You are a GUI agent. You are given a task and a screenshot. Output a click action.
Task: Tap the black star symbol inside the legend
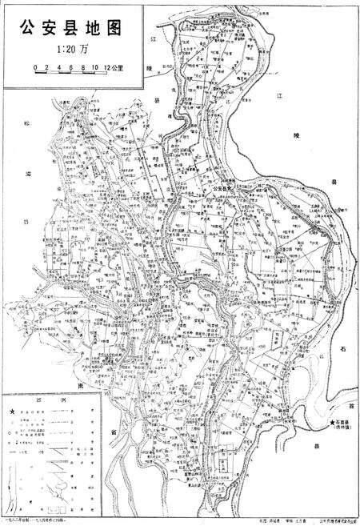tap(12, 411)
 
